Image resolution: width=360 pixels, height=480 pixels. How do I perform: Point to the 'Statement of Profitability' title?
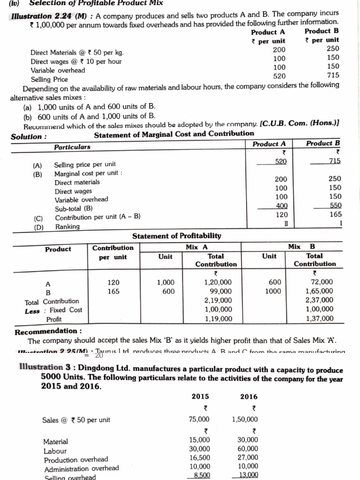177,236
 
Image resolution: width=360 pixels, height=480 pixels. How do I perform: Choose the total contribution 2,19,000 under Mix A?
218,300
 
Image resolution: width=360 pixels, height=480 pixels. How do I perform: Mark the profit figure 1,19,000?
218,318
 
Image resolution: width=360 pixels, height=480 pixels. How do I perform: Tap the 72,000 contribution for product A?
322,282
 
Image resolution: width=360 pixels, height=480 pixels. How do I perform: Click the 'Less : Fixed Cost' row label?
53,310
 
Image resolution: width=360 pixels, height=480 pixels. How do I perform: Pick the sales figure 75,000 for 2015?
200,420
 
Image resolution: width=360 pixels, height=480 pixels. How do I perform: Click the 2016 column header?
249,397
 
